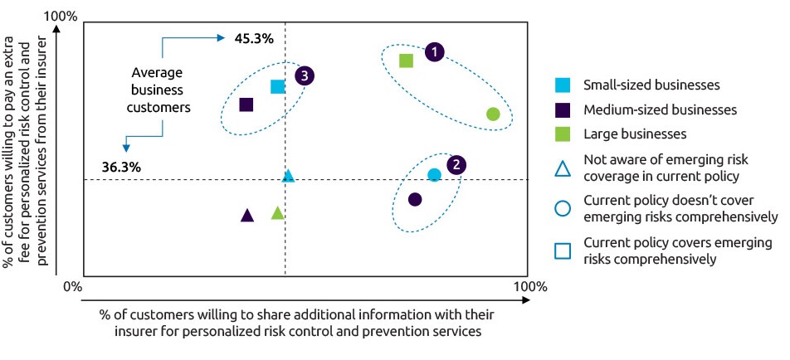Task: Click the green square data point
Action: (x=406, y=61)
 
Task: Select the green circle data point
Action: (x=493, y=114)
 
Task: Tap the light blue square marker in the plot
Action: (x=278, y=86)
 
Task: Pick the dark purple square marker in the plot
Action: (x=246, y=105)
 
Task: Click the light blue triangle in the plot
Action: (x=288, y=176)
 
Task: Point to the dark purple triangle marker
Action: (x=246, y=216)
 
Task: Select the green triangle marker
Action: (x=278, y=213)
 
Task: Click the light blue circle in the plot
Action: (x=434, y=174)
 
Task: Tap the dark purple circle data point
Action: (x=415, y=199)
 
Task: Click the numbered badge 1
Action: (x=435, y=52)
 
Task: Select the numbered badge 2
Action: (x=456, y=165)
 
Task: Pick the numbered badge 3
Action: (x=305, y=76)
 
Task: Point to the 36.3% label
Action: (x=121, y=167)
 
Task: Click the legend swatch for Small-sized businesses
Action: (x=563, y=85)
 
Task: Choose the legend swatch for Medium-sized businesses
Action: (x=563, y=109)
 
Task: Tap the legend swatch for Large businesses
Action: (x=563, y=134)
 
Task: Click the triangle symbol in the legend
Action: (x=563, y=168)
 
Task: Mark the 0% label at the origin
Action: (x=72, y=287)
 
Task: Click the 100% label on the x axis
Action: (x=531, y=287)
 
